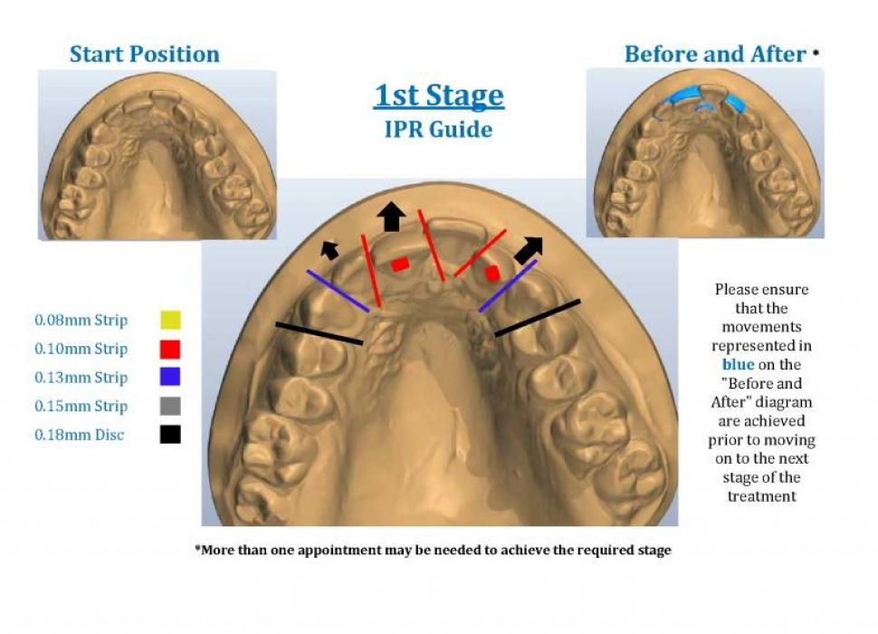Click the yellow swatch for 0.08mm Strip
[x=169, y=320]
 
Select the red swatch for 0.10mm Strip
[x=169, y=349]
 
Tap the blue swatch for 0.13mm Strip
[x=169, y=377]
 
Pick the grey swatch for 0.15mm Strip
[x=169, y=406]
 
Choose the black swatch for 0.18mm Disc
[x=169, y=435]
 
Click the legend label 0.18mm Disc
[x=80, y=436]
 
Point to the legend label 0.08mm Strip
[x=81, y=321]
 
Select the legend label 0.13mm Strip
[x=81, y=378]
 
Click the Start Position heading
[x=145, y=54]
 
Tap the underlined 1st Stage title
[x=439, y=95]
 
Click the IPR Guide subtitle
[x=439, y=130]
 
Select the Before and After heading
[x=715, y=54]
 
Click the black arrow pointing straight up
[x=391, y=216]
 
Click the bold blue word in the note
[x=738, y=364]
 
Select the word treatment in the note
[x=761, y=496]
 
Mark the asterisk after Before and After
[x=816, y=53]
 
